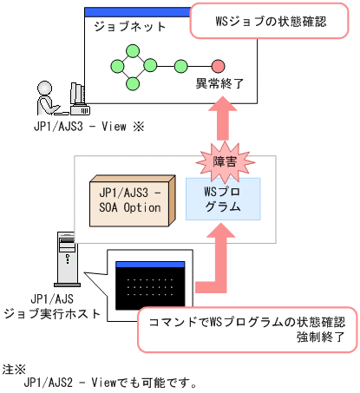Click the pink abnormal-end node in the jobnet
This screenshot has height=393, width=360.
tap(218, 66)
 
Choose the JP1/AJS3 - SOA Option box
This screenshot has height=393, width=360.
tap(129, 200)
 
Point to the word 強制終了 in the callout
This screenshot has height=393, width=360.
tap(320, 335)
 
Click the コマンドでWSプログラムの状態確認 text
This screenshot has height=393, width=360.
tap(248, 319)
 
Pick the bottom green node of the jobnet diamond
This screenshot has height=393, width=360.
tap(134, 82)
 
